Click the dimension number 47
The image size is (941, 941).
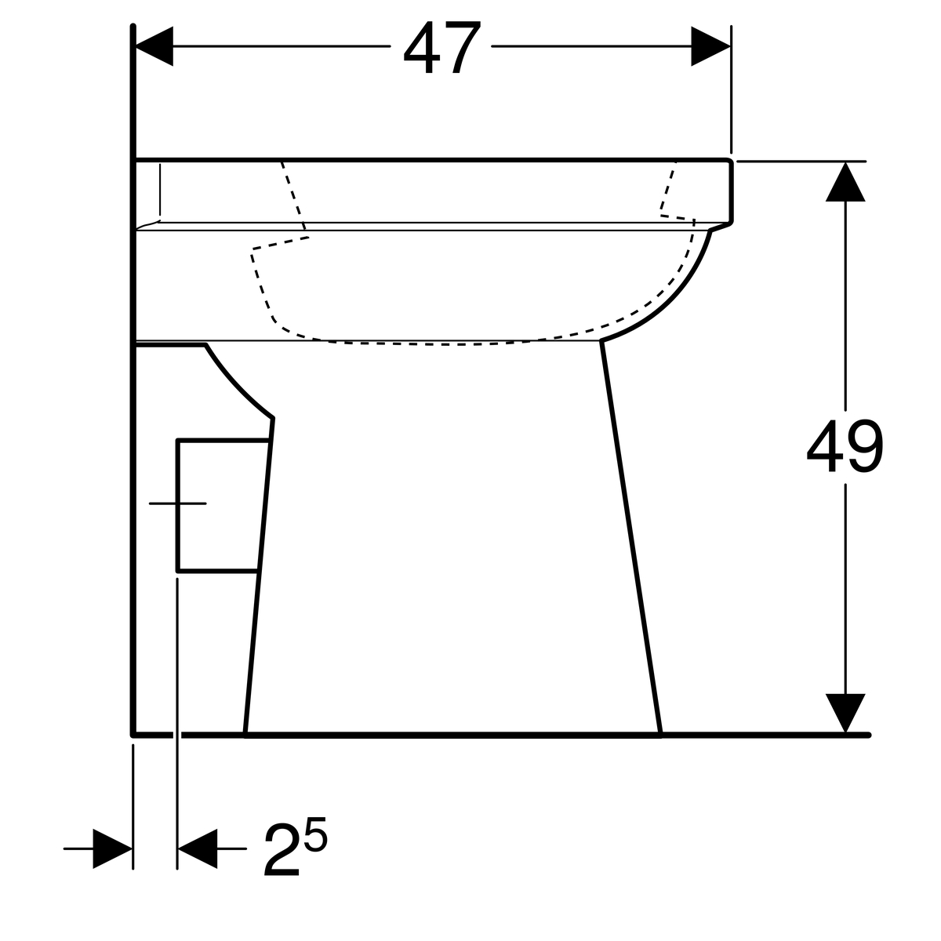pyautogui.click(x=442, y=47)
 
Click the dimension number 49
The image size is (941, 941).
pyautogui.click(x=845, y=446)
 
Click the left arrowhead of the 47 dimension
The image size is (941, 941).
pyautogui.click(x=154, y=46)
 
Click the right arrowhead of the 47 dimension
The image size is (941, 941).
pyautogui.click(x=710, y=46)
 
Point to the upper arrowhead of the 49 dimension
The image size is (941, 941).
pyautogui.click(x=845, y=182)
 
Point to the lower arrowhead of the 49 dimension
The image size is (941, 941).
pyautogui.click(x=845, y=713)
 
